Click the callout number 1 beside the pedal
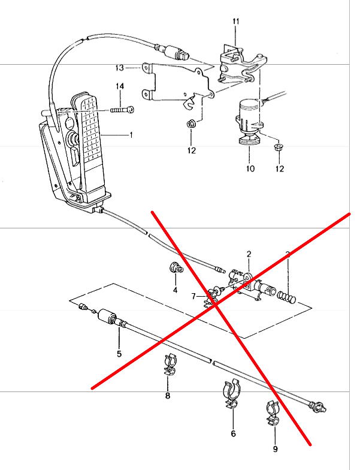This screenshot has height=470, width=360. (x=131, y=135)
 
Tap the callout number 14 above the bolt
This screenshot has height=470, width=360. (x=120, y=88)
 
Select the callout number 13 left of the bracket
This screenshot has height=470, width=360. (x=120, y=67)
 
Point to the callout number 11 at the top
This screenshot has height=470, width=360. (x=236, y=22)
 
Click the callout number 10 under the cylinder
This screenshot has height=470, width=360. (x=250, y=168)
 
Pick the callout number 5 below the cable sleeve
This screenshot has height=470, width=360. (x=119, y=354)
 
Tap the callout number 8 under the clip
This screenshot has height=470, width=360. (x=168, y=396)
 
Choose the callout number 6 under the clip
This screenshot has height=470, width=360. (x=233, y=433)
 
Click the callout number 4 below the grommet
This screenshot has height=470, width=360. (x=176, y=290)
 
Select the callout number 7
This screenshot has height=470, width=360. (x=193, y=296)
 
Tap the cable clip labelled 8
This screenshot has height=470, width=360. (x=169, y=367)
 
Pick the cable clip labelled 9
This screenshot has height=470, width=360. (x=273, y=414)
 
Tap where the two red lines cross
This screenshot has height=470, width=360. (x=214, y=305)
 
